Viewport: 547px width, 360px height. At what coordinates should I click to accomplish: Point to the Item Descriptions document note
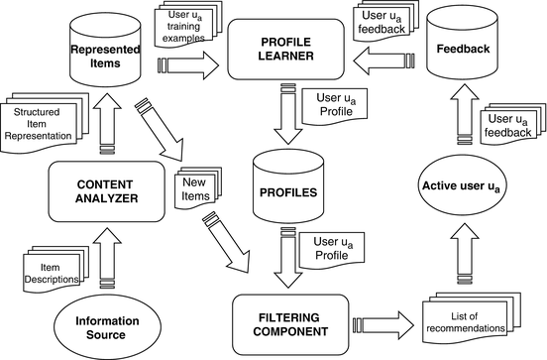tap(55, 271)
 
